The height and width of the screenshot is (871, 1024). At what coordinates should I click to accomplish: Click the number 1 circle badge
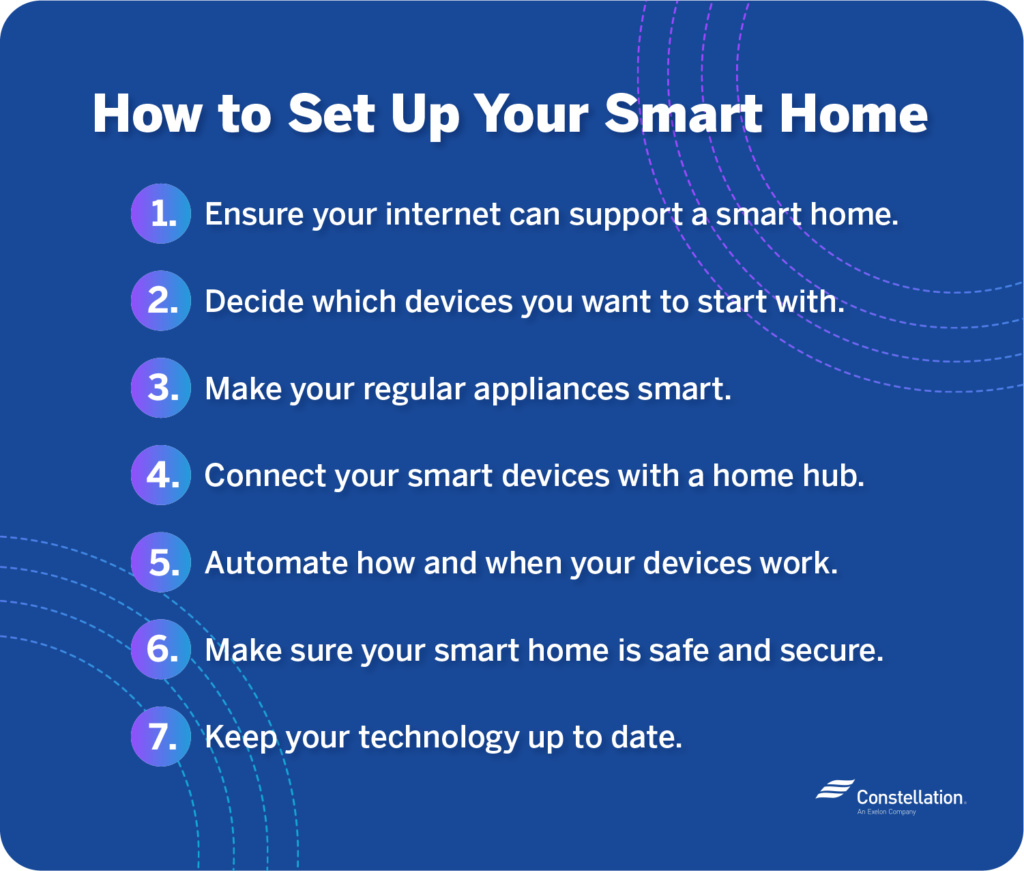161,214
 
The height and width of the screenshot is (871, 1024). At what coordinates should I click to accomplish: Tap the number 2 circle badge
161,301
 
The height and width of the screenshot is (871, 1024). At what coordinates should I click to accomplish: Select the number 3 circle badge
161,388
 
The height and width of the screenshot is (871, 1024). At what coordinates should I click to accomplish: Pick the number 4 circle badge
161,475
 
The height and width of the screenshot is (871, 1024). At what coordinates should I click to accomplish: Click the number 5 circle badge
161,562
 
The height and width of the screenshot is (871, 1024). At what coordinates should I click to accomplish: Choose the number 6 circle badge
161,649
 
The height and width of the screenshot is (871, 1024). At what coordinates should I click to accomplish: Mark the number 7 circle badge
161,737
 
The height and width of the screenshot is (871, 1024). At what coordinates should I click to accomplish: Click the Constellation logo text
909,797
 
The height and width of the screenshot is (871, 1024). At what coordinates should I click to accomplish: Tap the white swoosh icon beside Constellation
832,791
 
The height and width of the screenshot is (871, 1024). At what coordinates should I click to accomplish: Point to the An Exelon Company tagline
886,812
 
